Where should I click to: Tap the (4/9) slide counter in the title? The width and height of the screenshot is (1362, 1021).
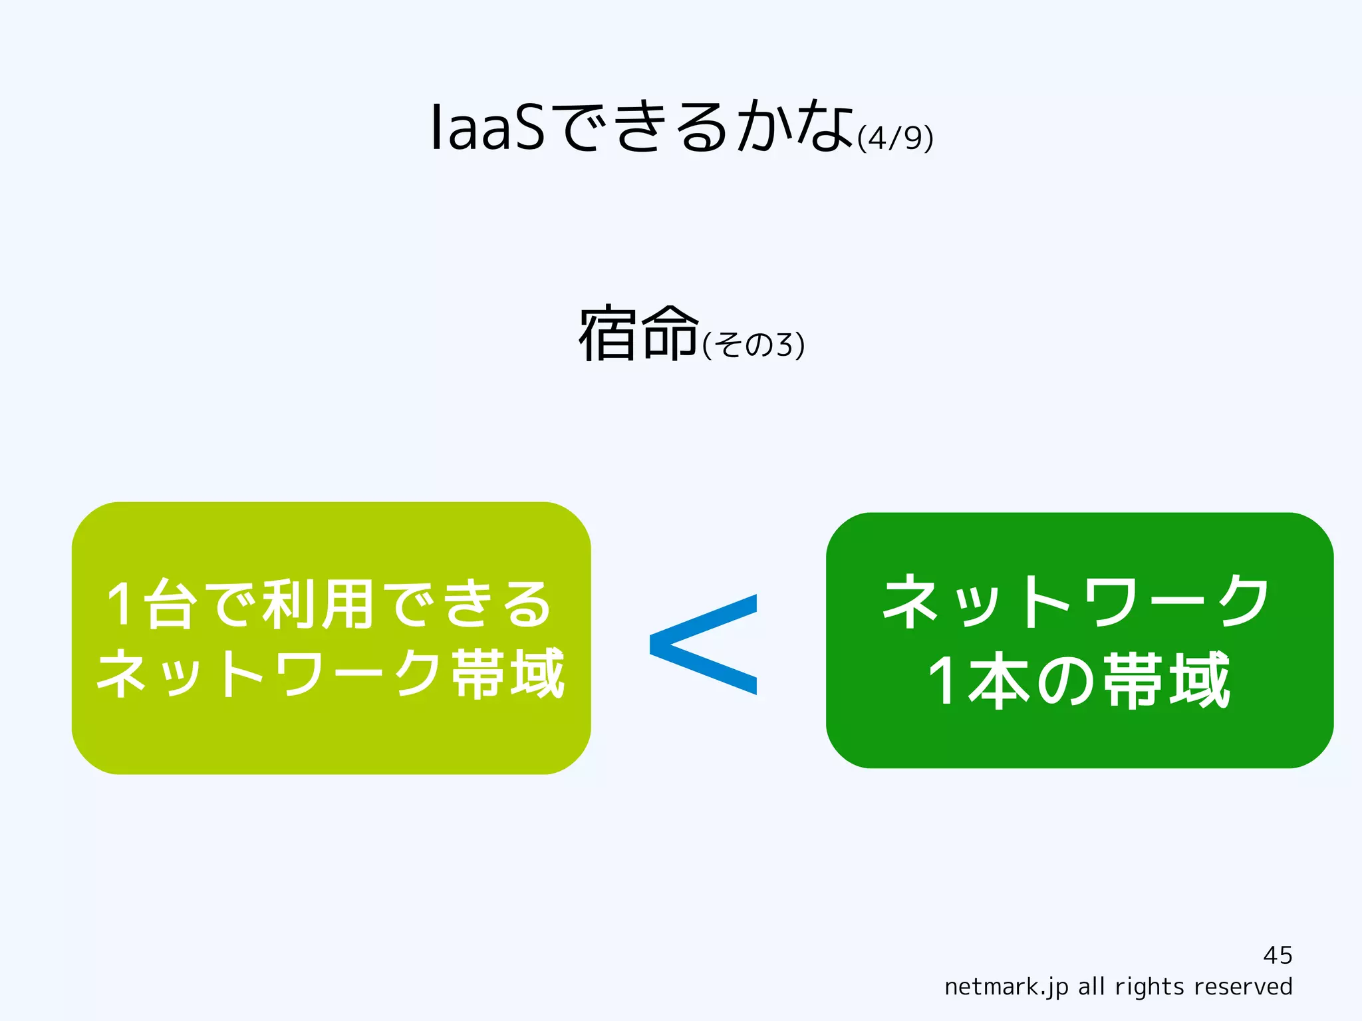point(895,138)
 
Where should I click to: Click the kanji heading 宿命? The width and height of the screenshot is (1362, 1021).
point(639,334)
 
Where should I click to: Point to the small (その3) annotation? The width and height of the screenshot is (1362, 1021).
point(753,345)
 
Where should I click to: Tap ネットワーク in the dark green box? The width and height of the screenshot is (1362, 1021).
point(1076,602)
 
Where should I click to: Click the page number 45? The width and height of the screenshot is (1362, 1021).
point(1278,955)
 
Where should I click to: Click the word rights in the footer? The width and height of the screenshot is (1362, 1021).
point(1150,986)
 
